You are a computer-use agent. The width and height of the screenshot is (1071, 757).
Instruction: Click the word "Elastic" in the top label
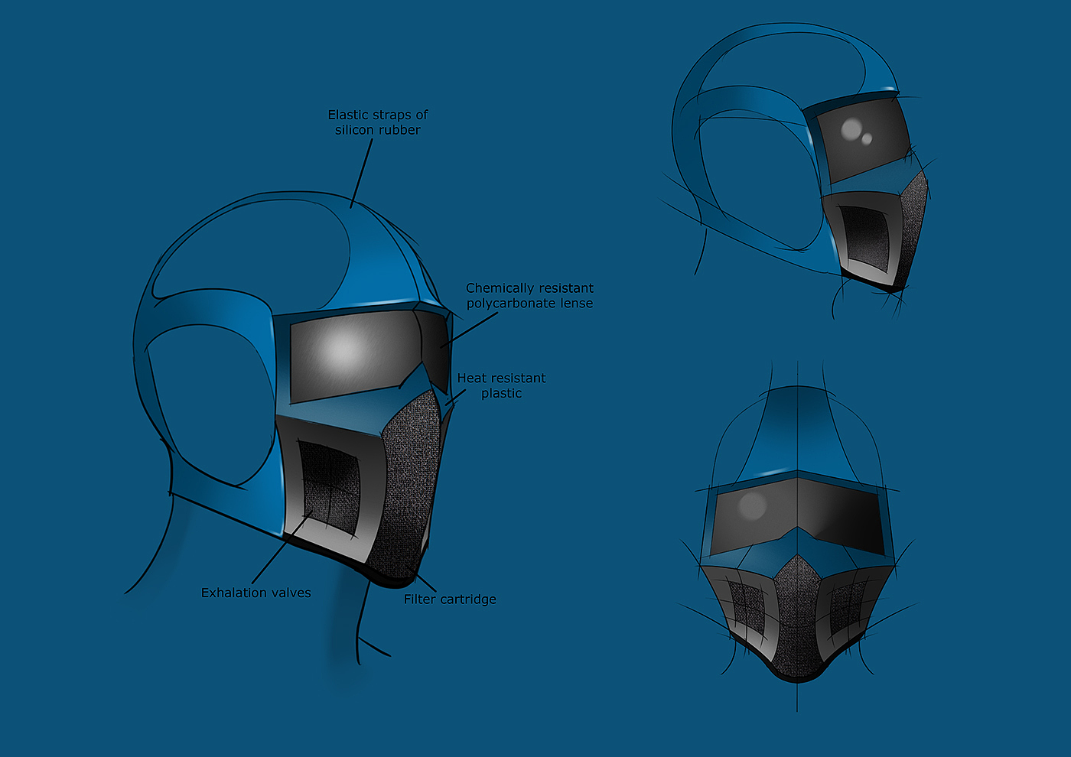coord(348,115)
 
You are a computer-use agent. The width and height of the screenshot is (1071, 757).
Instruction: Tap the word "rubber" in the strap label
coord(399,130)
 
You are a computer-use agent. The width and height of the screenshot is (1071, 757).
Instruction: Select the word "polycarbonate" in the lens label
coord(512,304)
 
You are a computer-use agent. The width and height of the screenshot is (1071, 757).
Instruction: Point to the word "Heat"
coord(472,378)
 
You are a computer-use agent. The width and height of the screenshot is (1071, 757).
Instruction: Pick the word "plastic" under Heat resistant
coord(502,393)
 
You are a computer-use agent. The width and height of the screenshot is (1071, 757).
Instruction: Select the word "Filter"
coord(420,599)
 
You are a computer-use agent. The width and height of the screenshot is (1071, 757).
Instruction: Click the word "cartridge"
coord(467,599)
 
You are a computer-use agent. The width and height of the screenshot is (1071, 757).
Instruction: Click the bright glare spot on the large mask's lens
coord(342,350)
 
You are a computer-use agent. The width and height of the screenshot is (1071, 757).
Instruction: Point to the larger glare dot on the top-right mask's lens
coord(851,128)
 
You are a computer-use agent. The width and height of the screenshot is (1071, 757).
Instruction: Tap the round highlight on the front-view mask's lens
coord(752,504)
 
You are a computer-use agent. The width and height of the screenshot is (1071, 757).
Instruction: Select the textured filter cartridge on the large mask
coord(410,482)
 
